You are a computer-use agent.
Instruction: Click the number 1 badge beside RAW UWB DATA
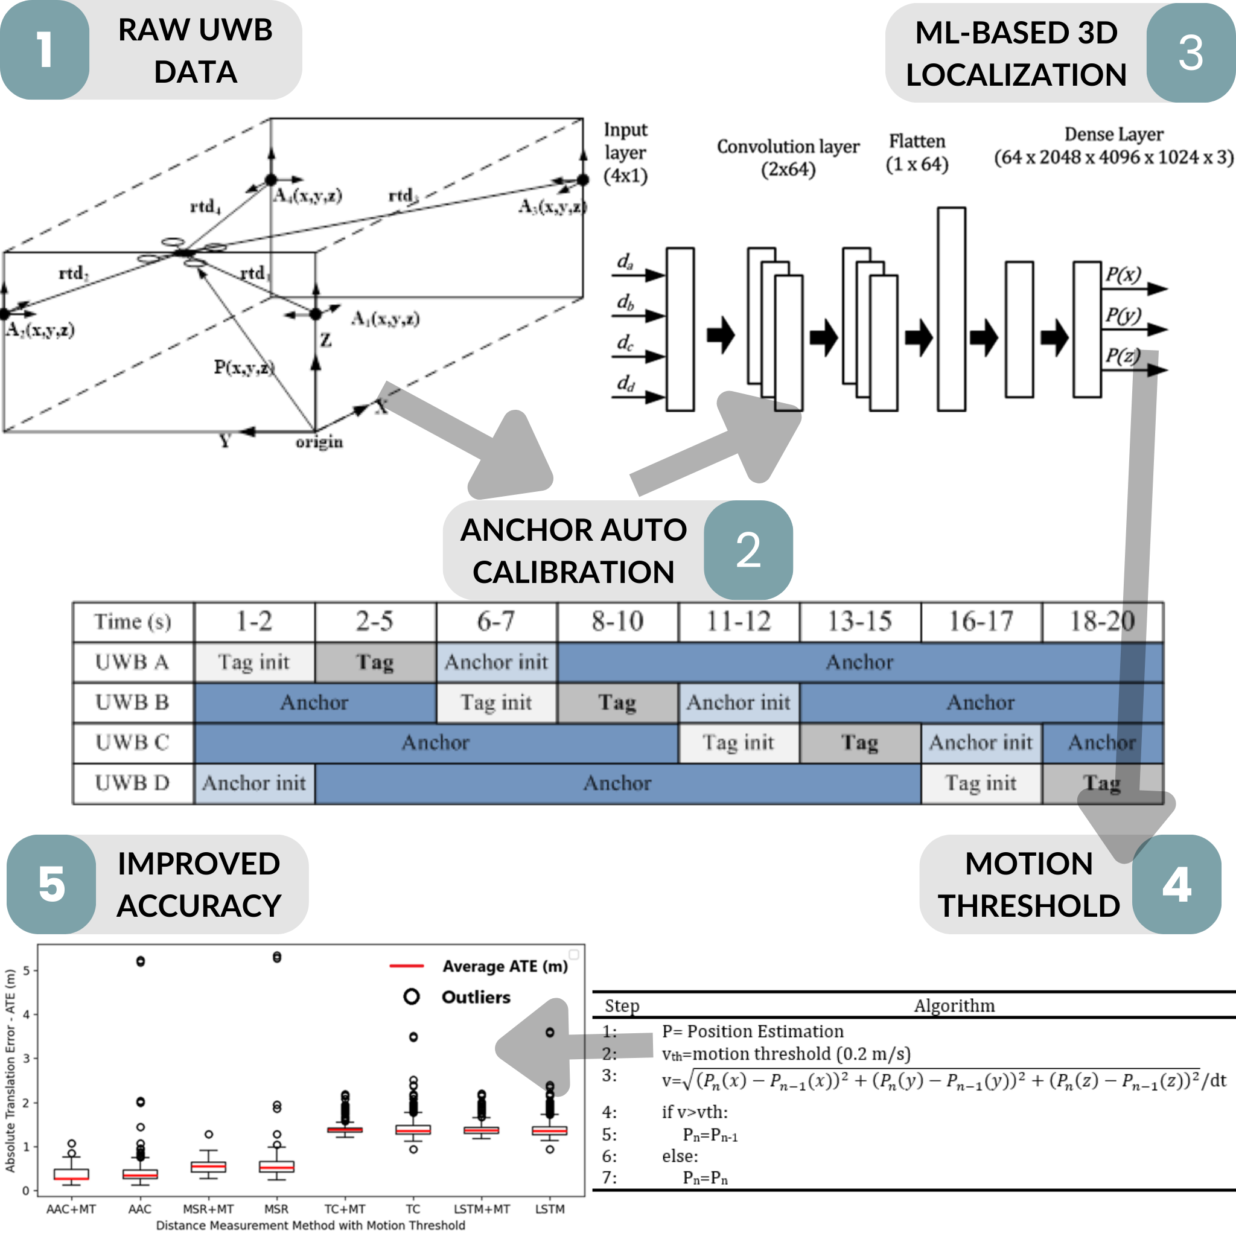(44, 50)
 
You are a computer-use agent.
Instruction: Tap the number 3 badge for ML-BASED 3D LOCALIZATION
(1190, 53)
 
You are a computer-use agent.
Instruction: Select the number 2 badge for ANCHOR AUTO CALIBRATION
(748, 550)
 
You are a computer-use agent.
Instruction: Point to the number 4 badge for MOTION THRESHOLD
(1176, 885)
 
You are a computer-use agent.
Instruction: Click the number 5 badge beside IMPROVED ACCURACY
(51, 885)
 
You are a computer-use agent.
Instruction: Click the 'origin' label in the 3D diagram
(319, 442)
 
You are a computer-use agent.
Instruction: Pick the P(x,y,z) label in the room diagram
(244, 367)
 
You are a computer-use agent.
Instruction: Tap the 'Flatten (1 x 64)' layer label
(917, 153)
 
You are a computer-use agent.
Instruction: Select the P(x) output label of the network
(1123, 275)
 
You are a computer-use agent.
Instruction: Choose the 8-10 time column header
(617, 621)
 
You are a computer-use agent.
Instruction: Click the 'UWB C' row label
(132, 743)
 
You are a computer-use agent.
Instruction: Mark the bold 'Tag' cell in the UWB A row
(375, 662)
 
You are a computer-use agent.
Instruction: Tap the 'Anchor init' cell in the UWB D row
(254, 783)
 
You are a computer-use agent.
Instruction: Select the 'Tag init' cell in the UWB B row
(496, 702)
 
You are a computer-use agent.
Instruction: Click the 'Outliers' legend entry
(476, 998)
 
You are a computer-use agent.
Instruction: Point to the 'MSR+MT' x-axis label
(208, 1209)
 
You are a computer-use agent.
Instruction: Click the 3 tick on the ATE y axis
(26, 1059)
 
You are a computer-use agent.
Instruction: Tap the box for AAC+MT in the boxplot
(71, 1174)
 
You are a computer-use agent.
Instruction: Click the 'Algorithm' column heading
(954, 1005)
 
